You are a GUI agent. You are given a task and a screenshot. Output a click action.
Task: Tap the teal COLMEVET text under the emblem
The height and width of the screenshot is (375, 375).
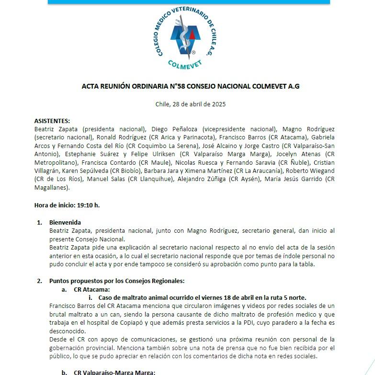(186, 64)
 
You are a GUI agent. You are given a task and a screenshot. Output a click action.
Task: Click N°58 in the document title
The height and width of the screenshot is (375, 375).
(179, 87)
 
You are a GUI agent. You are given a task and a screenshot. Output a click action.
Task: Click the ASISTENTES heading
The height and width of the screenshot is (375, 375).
(52, 121)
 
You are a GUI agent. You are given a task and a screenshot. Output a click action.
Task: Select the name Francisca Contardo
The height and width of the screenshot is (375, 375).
(94, 162)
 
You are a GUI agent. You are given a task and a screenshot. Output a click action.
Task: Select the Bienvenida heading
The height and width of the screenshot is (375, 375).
(65, 222)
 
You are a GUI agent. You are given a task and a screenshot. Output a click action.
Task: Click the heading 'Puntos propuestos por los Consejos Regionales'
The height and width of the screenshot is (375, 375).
(117, 281)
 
